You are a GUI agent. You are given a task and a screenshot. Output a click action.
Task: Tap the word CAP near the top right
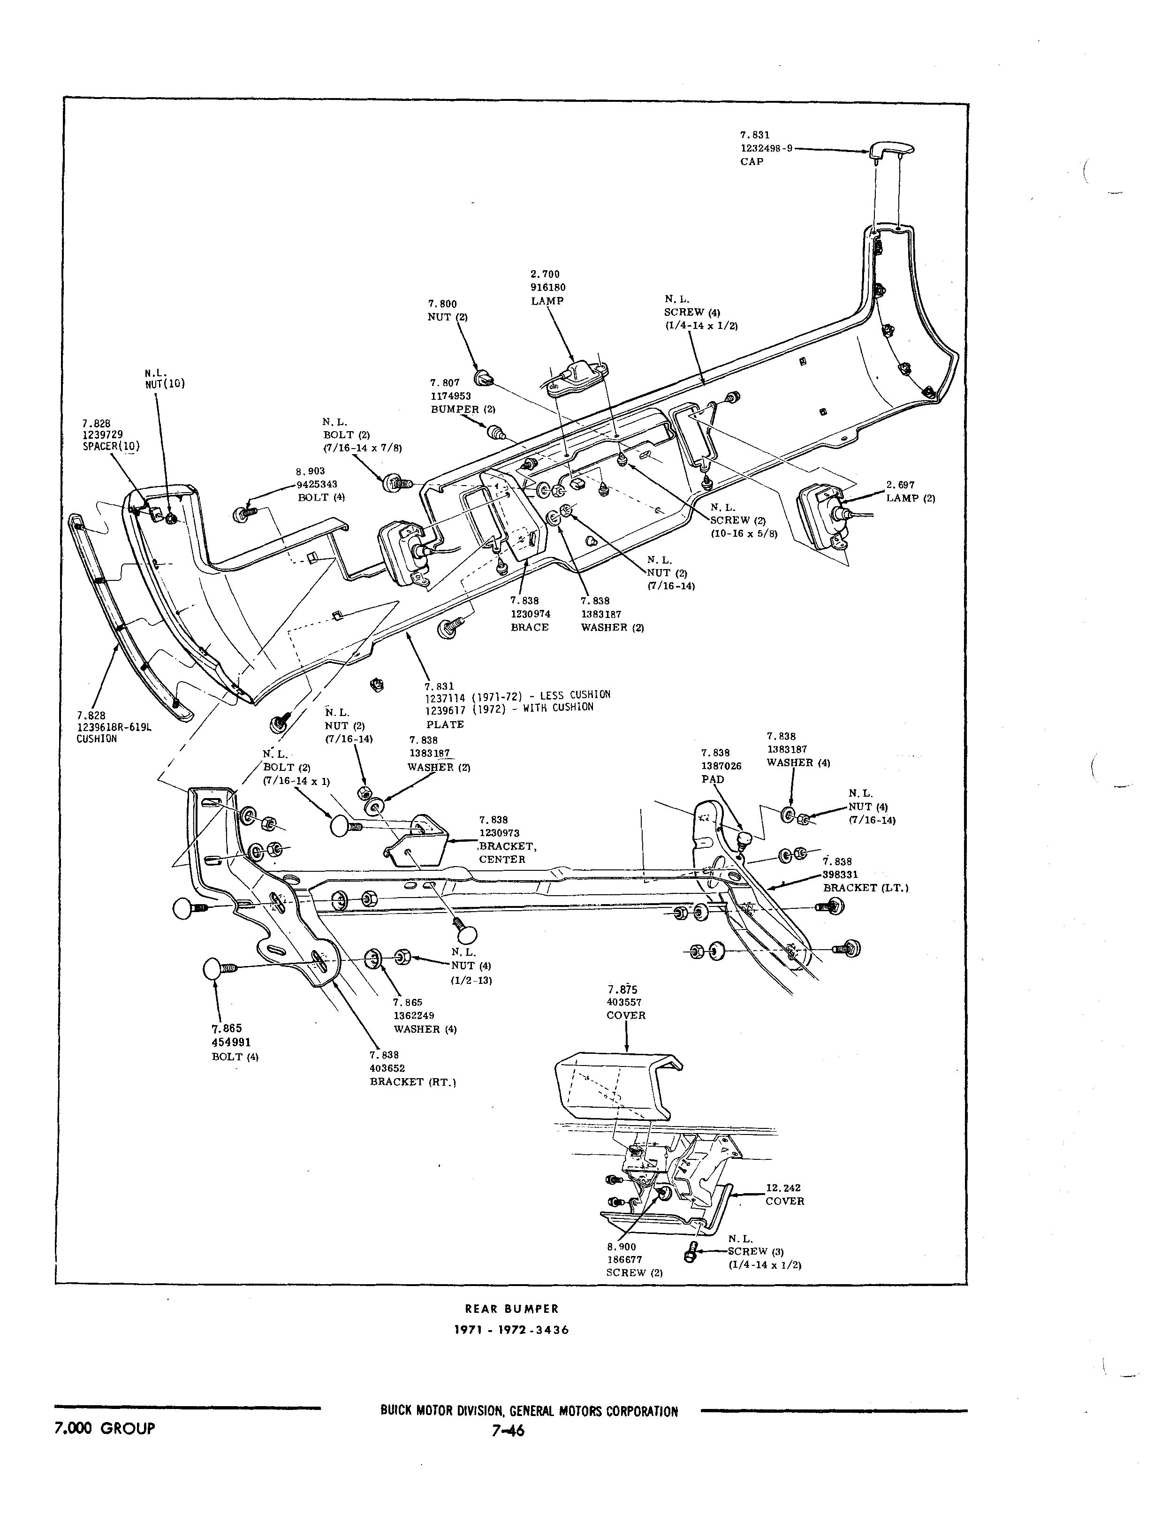[x=751, y=161]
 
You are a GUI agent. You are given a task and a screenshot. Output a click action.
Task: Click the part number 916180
[x=545, y=288]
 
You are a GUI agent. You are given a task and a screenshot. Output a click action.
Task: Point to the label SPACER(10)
[x=111, y=446]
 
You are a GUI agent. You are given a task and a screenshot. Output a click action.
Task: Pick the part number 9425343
[x=317, y=484]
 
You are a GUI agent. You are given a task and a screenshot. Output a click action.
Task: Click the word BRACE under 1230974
[x=530, y=627]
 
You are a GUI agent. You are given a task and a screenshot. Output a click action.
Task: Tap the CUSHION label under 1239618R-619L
[x=97, y=739]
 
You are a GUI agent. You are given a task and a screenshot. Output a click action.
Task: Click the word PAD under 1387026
[x=713, y=779]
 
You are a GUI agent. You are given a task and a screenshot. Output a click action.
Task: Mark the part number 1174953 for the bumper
[x=450, y=396]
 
